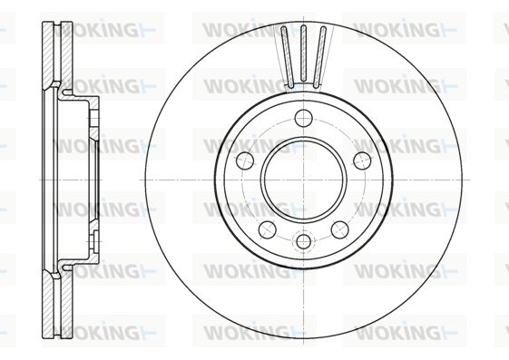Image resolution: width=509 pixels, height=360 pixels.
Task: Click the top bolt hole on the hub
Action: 304,119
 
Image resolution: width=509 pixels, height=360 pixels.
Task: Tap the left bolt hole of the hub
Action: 245,161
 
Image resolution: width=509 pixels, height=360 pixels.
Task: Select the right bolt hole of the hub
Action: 362,161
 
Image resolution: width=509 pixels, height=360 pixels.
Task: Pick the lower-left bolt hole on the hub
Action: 268,229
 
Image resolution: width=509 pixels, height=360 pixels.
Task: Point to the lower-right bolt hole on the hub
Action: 340,229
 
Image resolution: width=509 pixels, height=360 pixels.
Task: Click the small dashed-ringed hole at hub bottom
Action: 304,241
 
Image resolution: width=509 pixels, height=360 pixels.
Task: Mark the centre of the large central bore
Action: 304,180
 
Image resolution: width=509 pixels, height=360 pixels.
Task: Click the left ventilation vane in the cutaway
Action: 288,57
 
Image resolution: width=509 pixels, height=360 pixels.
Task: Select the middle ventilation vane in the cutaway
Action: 304,53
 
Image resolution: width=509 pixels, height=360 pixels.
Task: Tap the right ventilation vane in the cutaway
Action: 319,57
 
